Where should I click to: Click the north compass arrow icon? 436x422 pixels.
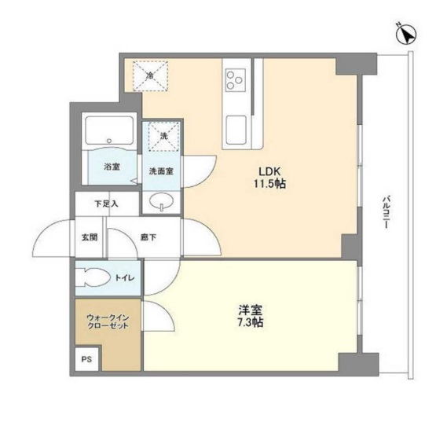click(x=406, y=34)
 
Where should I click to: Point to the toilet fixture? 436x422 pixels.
click(x=96, y=278)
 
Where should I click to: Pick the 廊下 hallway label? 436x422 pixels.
click(x=148, y=237)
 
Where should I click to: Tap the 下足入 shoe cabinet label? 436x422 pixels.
click(x=107, y=204)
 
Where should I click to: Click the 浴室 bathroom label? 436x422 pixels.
click(x=112, y=167)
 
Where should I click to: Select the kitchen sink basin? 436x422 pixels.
click(x=236, y=127)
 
